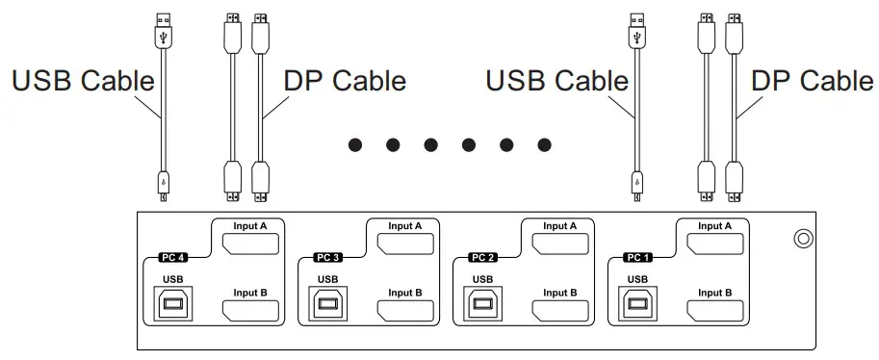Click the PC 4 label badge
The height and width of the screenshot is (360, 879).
[172, 258]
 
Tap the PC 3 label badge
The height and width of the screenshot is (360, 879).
[328, 258]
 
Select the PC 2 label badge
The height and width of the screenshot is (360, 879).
[484, 258]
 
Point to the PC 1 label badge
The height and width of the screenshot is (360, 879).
[638, 258]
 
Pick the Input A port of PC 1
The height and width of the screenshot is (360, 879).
[713, 247]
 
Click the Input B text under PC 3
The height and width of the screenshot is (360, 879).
[405, 293]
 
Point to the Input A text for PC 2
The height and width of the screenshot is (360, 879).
[561, 226]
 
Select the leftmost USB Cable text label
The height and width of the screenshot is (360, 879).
[83, 81]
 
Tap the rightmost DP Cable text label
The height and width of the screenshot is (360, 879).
[812, 81]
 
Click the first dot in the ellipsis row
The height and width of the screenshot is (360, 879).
[355, 145]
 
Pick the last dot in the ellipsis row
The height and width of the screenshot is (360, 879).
[545, 145]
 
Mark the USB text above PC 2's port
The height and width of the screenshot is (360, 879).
[483, 280]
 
